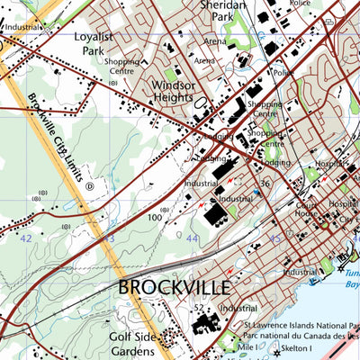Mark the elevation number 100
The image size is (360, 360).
(x=155, y=217)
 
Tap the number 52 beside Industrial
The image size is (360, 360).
(x=197, y=309)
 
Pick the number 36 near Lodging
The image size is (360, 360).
(x=265, y=184)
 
